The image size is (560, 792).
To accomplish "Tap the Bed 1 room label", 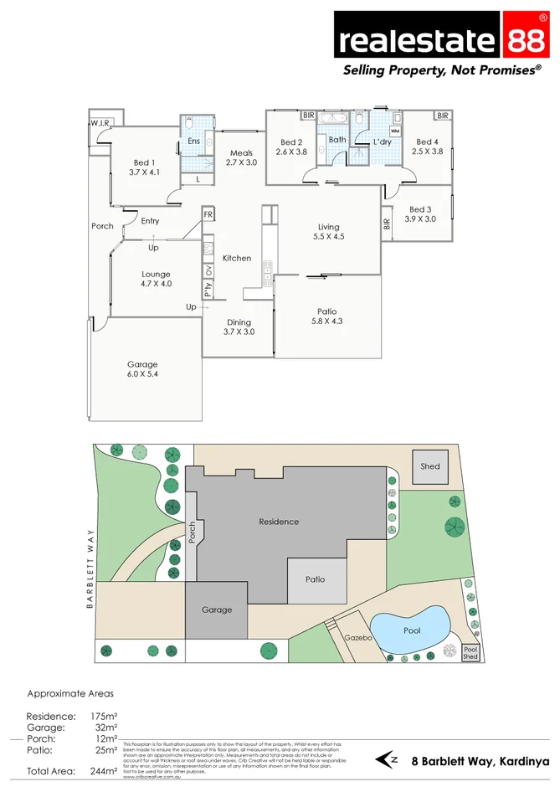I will [144, 167].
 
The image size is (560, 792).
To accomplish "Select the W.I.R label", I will [100, 124].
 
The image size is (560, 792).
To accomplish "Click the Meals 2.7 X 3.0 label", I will [241, 157].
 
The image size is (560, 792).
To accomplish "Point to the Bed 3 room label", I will [420, 214].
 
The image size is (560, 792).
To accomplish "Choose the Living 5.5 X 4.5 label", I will [328, 232].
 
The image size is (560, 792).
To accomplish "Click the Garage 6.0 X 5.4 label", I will [142, 369].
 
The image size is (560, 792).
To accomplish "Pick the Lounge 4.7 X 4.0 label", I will [156, 279].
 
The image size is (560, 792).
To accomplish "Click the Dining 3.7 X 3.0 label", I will [239, 327].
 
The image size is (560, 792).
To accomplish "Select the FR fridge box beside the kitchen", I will [208, 215].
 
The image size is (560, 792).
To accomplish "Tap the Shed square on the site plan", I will [429, 466].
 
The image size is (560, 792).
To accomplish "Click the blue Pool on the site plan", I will [410, 630].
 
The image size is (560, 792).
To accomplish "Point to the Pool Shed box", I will [470, 653].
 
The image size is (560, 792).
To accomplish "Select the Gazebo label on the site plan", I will [357, 638].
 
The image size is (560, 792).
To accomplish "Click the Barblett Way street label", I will [89, 568].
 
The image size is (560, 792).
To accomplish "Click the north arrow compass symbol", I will [387, 760].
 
